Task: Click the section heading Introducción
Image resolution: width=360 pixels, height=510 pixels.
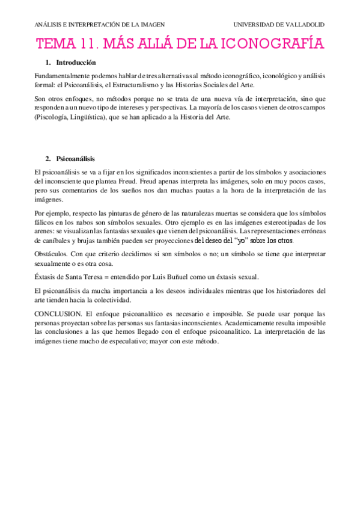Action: pyautogui.click(x=76, y=63)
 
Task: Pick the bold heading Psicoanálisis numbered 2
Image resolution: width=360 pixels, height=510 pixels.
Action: pyautogui.click(x=76, y=159)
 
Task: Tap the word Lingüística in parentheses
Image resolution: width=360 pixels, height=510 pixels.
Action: pyautogui.click(x=81, y=117)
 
